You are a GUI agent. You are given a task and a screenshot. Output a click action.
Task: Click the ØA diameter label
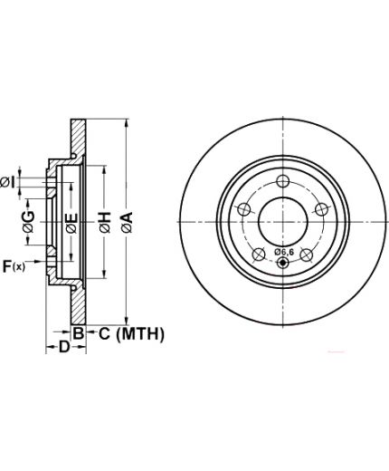point(128,222)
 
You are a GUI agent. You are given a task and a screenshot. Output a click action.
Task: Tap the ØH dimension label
point(105,222)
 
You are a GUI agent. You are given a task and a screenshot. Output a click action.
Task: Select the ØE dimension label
point(71,224)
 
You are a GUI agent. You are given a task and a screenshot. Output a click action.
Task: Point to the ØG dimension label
point(29,222)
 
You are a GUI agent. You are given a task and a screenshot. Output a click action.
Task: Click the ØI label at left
point(7,183)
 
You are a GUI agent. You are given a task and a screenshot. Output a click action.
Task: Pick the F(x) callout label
point(14,266)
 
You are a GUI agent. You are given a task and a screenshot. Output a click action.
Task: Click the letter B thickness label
point(78,333)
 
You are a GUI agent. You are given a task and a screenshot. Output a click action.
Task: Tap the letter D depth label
point(63,347)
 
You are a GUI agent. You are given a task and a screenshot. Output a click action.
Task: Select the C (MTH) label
point(131,334)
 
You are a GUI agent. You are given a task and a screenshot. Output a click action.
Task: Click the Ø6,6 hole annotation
point(284,252)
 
